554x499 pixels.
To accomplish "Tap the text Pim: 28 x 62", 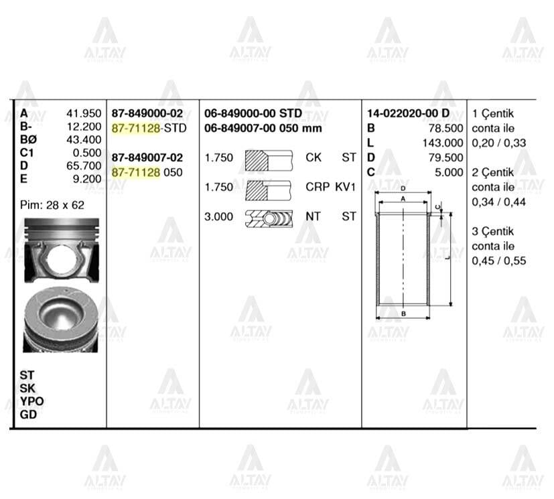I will tap(52, 205).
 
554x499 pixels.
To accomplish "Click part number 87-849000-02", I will tap(147, 114).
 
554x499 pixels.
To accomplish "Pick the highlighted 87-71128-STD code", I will tap(149, 128).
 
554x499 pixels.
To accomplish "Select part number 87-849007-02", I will tap(147, 157).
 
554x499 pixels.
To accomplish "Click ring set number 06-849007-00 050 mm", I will tap(263, 128).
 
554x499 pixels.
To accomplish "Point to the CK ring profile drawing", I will tap(270, 158).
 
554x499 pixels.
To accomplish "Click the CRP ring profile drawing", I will tap(270, 188).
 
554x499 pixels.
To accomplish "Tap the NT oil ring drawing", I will tap(270, 217).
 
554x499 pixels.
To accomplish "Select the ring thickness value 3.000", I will tap(219, 217).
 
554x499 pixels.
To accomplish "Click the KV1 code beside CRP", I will tap(346, 188).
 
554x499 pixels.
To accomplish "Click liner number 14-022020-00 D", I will tap(408, 114).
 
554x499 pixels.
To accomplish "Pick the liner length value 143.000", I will tap(443, 143).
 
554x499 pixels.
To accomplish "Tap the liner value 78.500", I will tap(445, 128).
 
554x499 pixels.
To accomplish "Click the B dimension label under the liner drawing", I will tap(403, 313).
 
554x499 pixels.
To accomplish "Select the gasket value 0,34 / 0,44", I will tap(499, 202).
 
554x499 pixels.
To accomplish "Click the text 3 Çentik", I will tap(493, 231).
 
